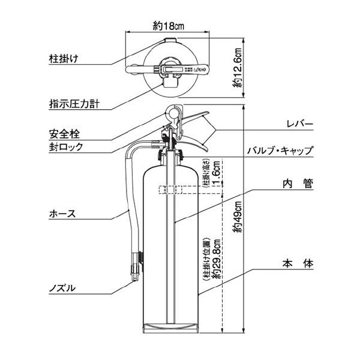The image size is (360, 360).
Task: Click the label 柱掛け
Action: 65,59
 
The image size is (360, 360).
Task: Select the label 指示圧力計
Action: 73,103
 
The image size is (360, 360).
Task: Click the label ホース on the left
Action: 62,213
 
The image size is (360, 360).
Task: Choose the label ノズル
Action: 62,288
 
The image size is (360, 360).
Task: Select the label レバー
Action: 301,123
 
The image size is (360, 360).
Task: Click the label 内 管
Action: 298,184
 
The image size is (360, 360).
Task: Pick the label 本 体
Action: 298,263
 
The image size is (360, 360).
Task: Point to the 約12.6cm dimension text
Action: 238,68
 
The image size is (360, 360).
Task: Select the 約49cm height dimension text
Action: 238,215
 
